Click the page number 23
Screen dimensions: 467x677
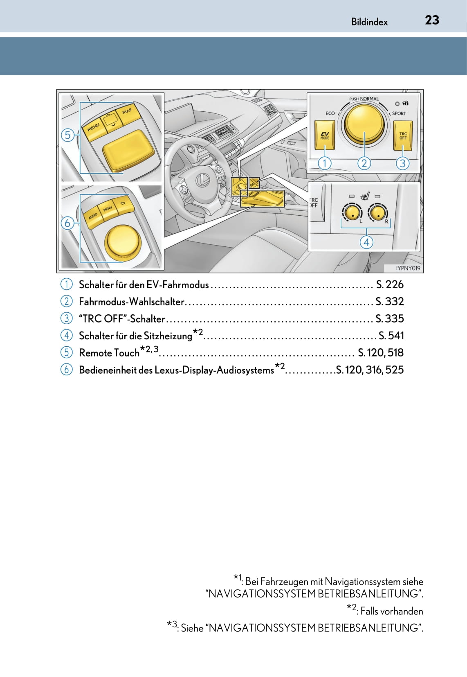[x=432, y=20]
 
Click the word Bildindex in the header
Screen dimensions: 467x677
[x=369, y=22]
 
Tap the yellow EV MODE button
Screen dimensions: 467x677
[x=325, y=135]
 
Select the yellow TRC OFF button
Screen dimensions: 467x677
[x=403, y=135]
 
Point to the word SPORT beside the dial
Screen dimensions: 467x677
[x=399, y=113]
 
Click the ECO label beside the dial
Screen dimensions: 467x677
[x=330, y=113]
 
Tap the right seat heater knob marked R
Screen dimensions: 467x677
[x=378, y=212]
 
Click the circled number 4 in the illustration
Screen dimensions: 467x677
[x=366, y=242]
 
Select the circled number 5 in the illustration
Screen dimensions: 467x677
[x=67, y=135]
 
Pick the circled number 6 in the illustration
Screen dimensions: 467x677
[x=67, y=223]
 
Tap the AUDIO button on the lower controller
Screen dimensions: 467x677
[x=93, y=216]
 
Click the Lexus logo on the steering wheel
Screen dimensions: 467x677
[x=202, y=179]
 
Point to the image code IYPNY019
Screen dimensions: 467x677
[x=408, y=268]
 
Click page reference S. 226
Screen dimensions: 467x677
[x=390, y=284]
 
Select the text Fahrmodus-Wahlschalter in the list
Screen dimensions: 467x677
[x=132, y=302]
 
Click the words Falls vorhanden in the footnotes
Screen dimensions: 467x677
[x=392, y=611]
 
